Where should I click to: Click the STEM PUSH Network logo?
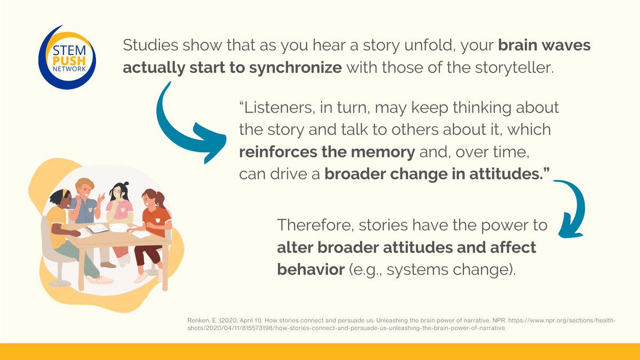[67, 58]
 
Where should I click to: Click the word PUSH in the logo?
[69, 61]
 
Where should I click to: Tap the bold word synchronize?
[295, 68]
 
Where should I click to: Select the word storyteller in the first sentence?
[514, 68]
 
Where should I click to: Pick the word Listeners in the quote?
[275, 108]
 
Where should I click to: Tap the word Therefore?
[315, 225]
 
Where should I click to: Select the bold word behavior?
[311, 269]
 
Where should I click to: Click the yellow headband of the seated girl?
[66, 194]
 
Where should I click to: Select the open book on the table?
[98, 229]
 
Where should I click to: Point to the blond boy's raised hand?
[101, 198]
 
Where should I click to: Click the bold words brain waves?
[545, 45]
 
